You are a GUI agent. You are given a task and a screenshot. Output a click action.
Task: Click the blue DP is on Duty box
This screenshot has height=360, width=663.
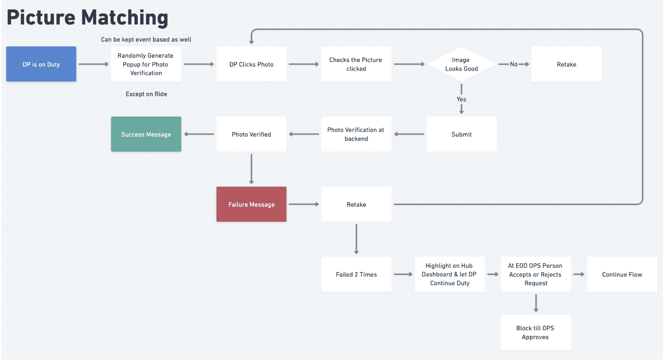pyautogui.click(x=41, y=64)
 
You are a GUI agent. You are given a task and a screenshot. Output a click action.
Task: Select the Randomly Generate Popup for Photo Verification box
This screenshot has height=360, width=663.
pyautogui.click(x=146, y=64)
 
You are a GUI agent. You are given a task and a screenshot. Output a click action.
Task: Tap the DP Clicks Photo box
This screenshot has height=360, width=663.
pyautogui.click(x=251, y=64)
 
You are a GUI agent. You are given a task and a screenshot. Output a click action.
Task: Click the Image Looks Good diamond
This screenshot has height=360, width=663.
pyautogui.click(x=461, y=64)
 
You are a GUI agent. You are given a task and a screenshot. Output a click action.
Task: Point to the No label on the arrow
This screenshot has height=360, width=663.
pyautogui.click(x=514, y=64)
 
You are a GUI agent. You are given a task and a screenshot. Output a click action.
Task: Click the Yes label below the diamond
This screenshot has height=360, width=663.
pyautogui.click(x=461, y=99)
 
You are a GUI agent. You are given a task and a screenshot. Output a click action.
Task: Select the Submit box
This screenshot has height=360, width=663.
pyautogui.click(x=461, y=134)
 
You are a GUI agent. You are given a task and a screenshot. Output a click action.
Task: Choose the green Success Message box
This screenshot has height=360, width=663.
pyautogui.click(x=146, y=134)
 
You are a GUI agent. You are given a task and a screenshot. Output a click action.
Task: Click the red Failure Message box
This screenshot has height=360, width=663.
pyautogui.click(x=251, y=204)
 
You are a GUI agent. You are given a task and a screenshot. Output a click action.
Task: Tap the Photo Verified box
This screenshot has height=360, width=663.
pyautogui.click(x=251, y=134)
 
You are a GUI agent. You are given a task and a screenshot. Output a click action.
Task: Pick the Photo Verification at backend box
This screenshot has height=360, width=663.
pyautogui.click(x=356, y=134)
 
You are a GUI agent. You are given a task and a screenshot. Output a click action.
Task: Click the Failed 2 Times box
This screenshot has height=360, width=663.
pyautogui.click(x=356, y=274)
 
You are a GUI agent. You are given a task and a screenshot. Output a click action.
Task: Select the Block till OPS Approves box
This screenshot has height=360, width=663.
pyautogui.click(x=536, y=332)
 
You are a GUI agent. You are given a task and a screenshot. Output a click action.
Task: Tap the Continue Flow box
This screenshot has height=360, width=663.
pyautogui.click(x=622, y=274)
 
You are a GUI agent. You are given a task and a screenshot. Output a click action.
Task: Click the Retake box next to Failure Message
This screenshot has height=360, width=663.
pyautogui.click(x=356, y=204)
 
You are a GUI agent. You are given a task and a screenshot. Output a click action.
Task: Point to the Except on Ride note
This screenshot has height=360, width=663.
pyautogui.click(x=146, y=94)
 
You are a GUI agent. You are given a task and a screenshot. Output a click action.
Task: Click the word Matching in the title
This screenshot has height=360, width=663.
pyautogui.click(x=125, y=18)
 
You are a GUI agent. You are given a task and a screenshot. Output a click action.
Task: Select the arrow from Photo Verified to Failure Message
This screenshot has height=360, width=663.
pyautogui.click(x=251, y=169)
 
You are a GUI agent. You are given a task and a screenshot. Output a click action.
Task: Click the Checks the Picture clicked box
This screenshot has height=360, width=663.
pyautogui.click(x=356, y=64)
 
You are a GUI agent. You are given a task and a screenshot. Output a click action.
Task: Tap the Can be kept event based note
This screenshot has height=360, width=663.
pyautogui.click(x=146, y=40)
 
